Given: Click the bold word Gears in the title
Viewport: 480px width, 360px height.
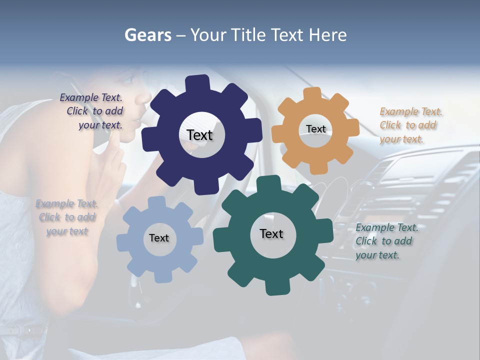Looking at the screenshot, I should pos(147,35).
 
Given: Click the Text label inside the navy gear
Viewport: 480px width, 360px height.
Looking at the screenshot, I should pos(199,135).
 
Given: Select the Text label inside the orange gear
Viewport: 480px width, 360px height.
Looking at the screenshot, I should pos(315,129).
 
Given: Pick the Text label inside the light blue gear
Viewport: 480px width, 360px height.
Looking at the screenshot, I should pos(159,238).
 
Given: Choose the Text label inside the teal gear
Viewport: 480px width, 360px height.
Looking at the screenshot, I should pos(271,233).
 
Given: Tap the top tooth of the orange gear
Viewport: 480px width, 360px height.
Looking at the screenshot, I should pos(312,94).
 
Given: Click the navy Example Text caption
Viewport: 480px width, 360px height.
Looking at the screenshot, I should pos(92,111).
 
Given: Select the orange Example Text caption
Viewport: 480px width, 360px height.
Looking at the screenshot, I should pos(410,125).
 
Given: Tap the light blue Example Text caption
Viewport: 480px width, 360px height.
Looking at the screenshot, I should pos(66,217).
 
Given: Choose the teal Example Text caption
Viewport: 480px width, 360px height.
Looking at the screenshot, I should pos(386,241).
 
